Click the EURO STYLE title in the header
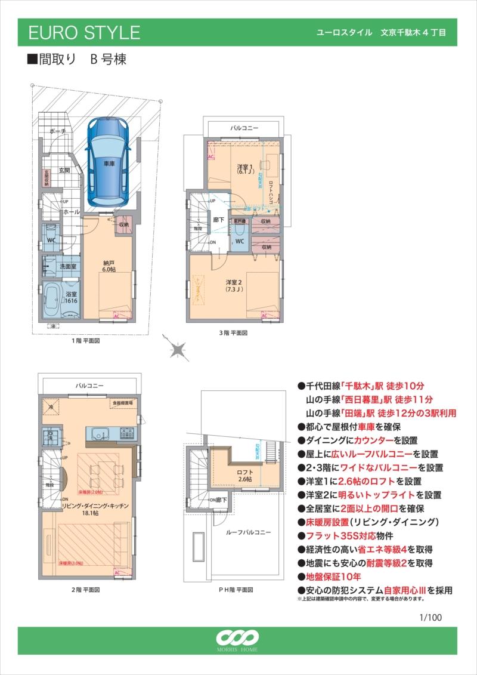(84, 32)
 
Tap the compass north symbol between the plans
(178, 349)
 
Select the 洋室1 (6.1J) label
(245, 169)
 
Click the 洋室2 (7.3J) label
(233, 285)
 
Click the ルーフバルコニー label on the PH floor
(249, 532)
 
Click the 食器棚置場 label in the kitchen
(122, 403)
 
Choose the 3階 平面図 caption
(232, 332)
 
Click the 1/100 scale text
(430, 617)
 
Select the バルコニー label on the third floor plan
(244, 128)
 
